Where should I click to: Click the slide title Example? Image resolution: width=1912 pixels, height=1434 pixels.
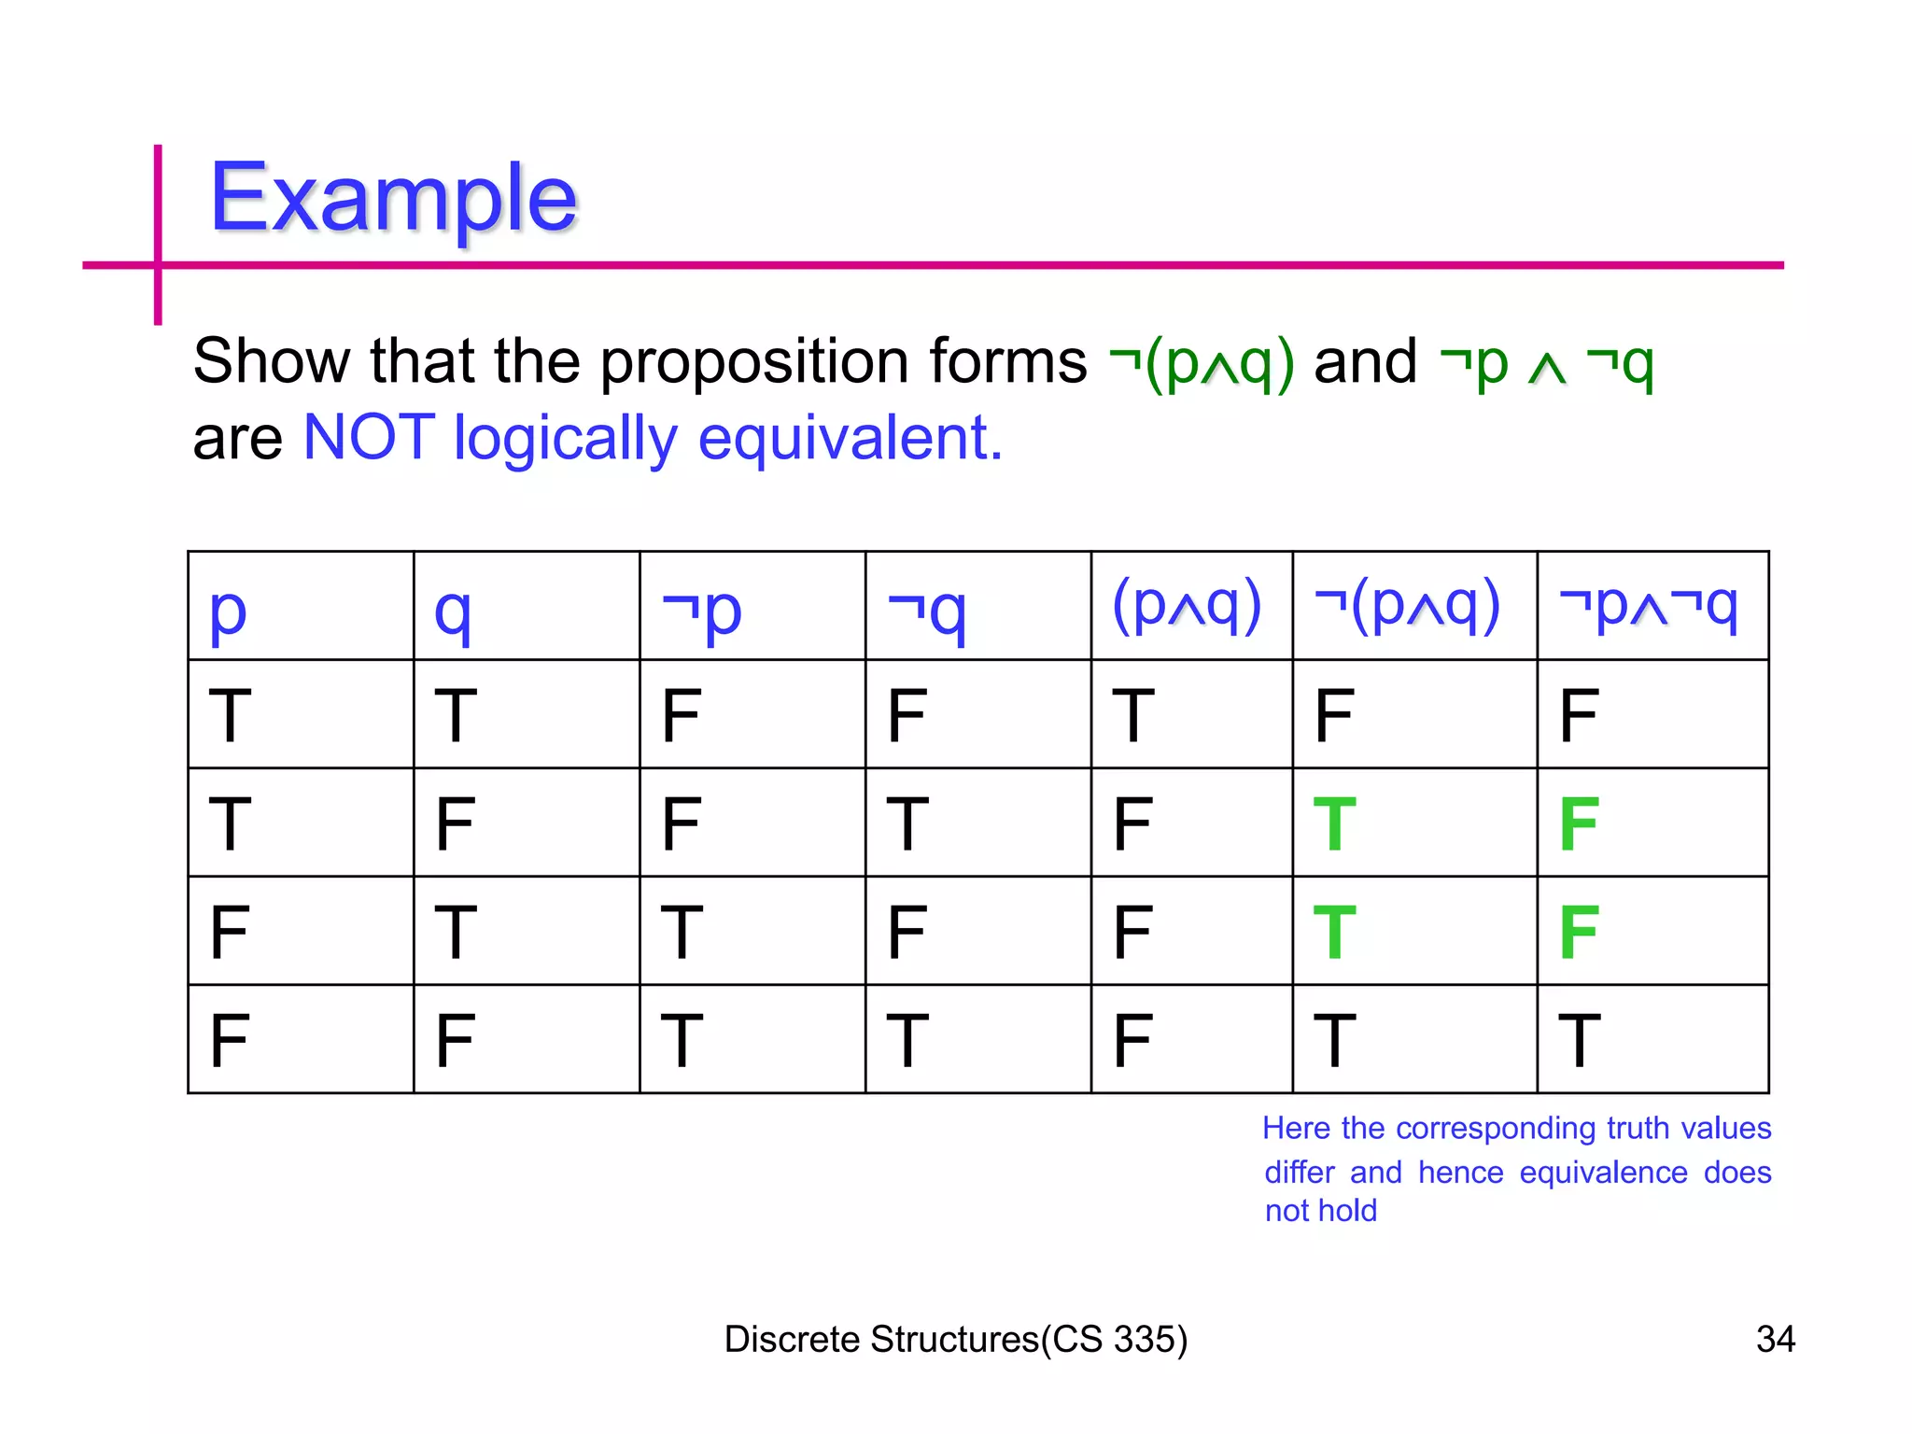[393, 199]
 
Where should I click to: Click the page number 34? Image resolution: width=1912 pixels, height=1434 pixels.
[1775, 1339]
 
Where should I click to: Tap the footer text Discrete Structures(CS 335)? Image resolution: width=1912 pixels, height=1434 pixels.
[955, 1339]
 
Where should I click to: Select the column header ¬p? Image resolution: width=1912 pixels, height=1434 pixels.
[701, 610]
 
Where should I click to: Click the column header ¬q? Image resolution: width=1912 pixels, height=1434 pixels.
[926, 610]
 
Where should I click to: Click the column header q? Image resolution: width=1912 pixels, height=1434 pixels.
[453, 612]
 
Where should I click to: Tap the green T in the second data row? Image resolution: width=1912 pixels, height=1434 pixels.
[1333, 823]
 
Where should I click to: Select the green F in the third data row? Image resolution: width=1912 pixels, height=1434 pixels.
[1579, 932]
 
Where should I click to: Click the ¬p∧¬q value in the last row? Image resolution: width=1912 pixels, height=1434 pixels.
[1579, 1040]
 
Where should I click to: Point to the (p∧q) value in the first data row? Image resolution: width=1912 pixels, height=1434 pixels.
[1133, 715]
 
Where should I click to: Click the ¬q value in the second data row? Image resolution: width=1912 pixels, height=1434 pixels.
[907, 823]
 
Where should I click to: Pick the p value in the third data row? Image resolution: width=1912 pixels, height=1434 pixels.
[229, 932]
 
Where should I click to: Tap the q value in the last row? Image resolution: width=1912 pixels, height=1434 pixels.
[455, 1040]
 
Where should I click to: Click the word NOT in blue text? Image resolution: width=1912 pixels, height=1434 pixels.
[369, 437]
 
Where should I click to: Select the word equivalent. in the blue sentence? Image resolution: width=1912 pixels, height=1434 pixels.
[850, 437]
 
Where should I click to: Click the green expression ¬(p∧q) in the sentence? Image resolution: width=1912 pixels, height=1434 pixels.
[1202, 362]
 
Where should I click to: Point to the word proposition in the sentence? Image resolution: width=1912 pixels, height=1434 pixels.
[754, 362]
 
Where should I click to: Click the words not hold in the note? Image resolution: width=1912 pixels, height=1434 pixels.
[1320, 1211]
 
